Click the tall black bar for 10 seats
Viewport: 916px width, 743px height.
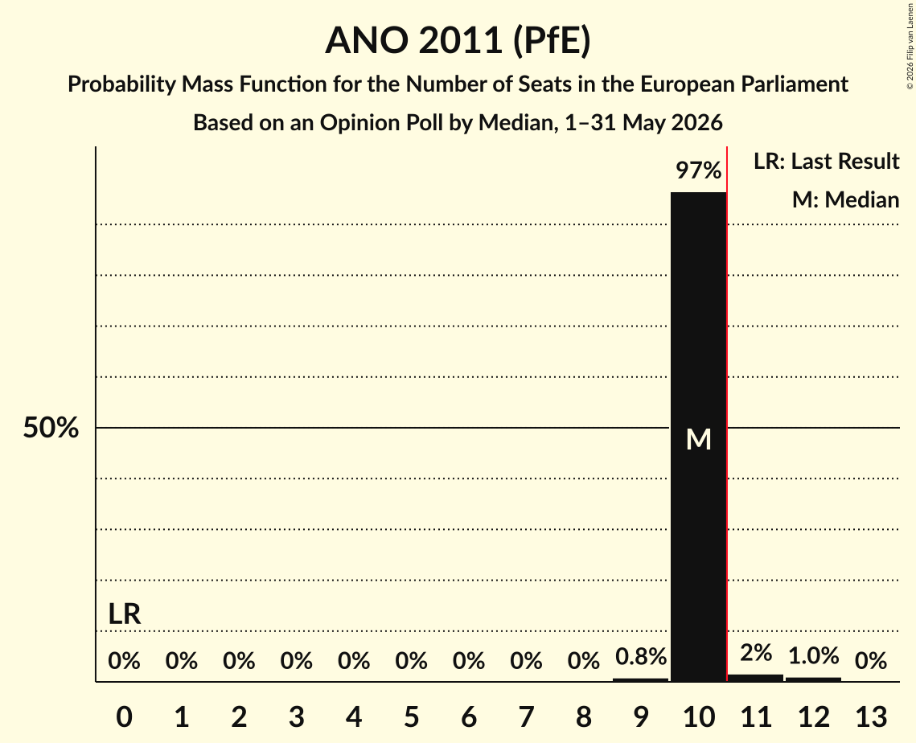point(698,437)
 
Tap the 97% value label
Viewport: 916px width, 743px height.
point(698,170)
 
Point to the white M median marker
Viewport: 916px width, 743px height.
point(698,439)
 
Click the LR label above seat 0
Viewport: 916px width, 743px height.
point(125,614)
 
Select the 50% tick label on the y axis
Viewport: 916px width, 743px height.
point(51,428)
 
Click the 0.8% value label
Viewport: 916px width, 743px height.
point(641,656)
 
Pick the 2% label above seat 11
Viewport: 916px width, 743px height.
point(756,652)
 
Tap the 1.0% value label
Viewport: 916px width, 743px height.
point(813,655)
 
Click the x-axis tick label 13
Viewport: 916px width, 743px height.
point(871,716)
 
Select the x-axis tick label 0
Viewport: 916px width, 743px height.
point(124,716)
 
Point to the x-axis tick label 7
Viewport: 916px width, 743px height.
point(526,716)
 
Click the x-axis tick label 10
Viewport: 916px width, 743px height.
point(698,716)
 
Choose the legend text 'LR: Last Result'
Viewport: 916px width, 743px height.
point(826,161)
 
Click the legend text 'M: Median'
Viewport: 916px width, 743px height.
point(845,199)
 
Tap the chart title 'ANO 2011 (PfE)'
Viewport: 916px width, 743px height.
point(458,40)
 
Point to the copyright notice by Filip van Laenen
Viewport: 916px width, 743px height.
point(910,47)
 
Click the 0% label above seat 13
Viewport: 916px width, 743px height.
point(871,661)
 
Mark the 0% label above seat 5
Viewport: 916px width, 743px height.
point(411,661)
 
